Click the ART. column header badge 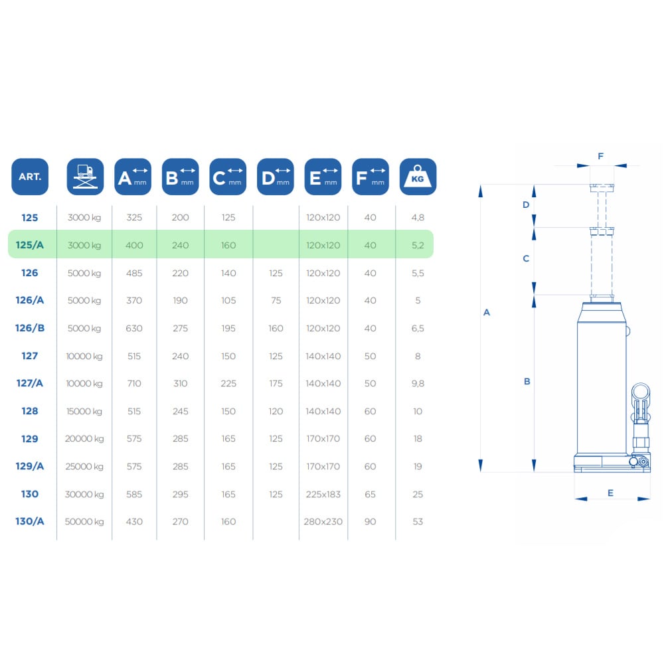[x=30, y=177]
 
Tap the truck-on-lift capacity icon [x=85, y=177]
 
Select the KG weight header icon [x=418, y=177]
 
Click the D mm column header [x=276, y=177]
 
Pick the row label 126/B [x=30, y=328]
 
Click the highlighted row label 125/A [x=30, y=245]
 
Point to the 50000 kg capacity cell [x=84, y=522]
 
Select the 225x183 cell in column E [x=323, y=494]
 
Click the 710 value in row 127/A [x=134, y=384]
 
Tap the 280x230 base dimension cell [x=323, y=522]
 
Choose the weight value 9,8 [x=418, y=384]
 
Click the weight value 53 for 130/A [x=418, y=522]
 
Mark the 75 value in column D [x=276, y=301]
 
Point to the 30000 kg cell [x=84, y=494]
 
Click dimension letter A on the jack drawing [x=487, y=313]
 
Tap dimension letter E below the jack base [x=610, y=493]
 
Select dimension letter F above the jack [x=600, y=156]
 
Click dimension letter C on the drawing [x=526, y=258]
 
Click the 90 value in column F [x=370, y=522]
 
